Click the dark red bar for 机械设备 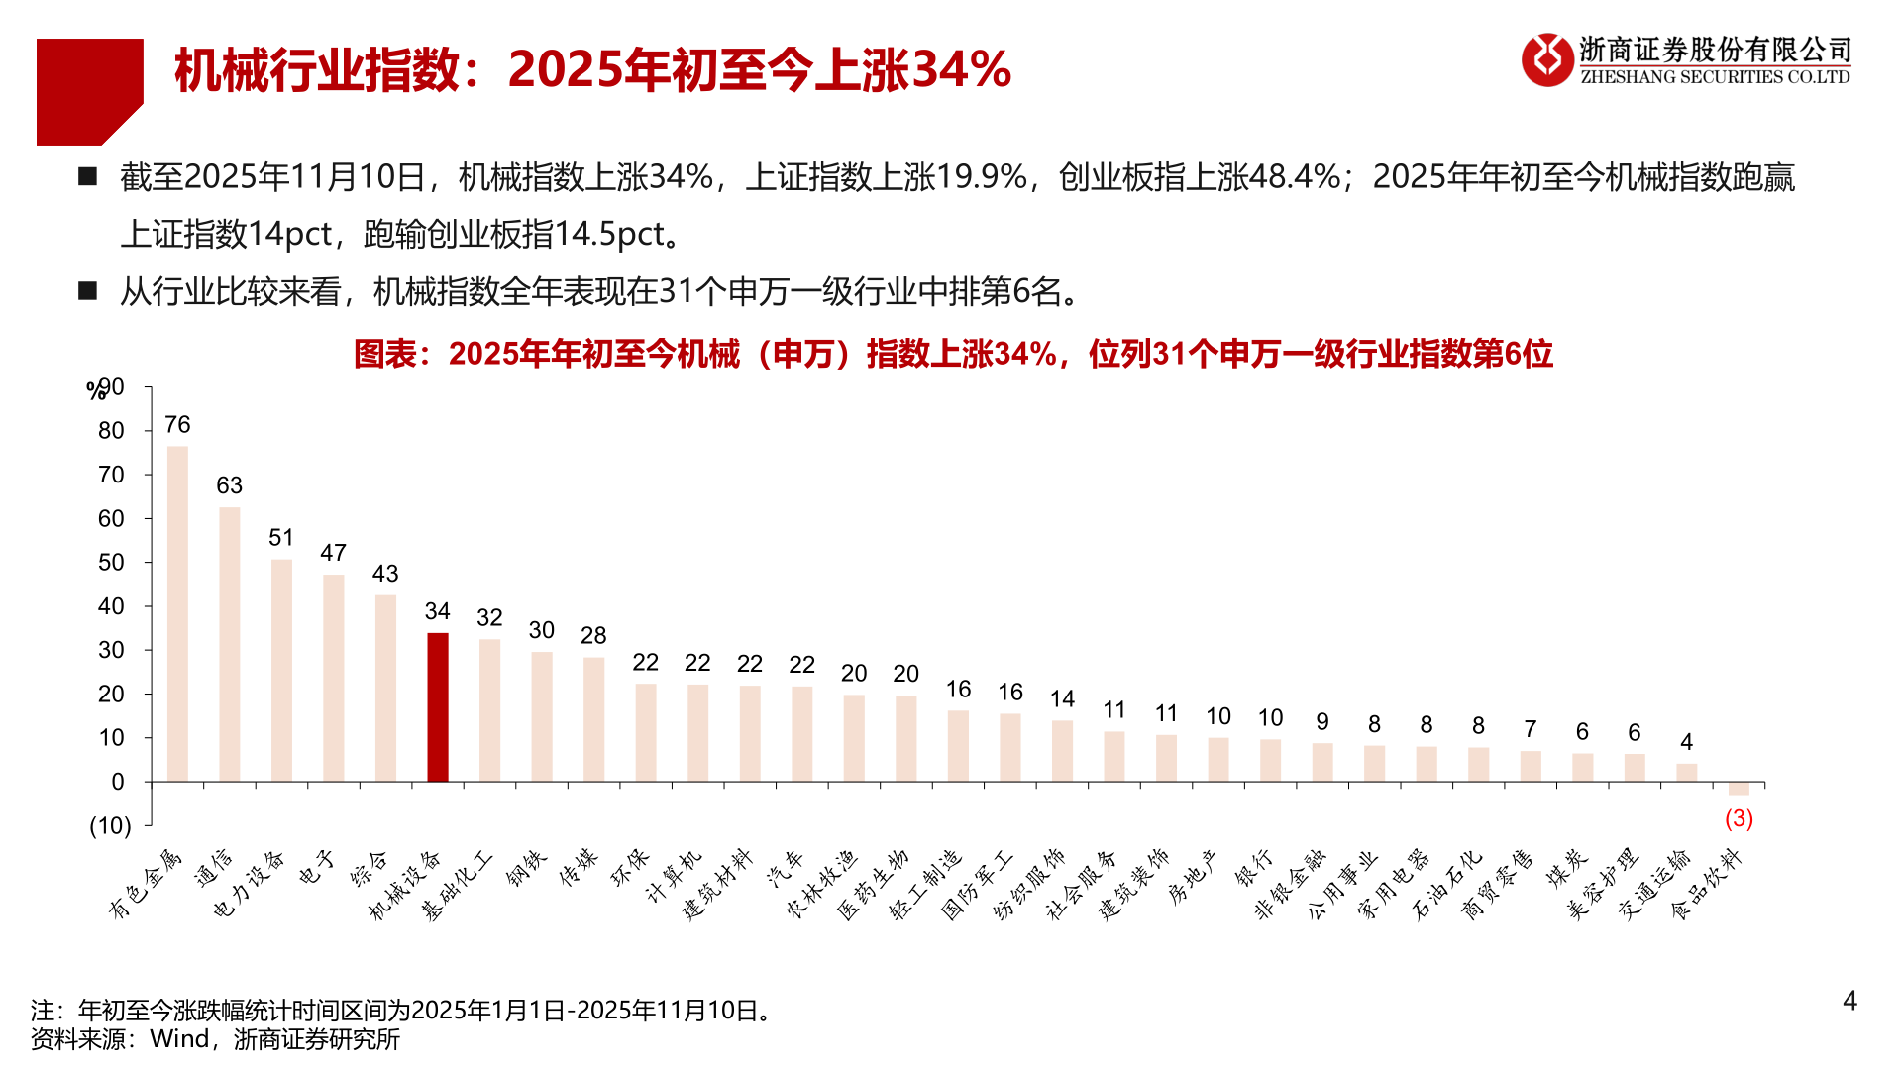(x=437, y=707)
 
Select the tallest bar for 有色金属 (x=177, y=614)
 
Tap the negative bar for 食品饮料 (x=1739, y=789)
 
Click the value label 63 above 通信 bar (x=229, y=485)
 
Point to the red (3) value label (x=1739, y=818)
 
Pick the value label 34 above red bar (x=437, y=611)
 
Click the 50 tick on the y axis (x=111, y=563)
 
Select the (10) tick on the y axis (x=110, y=826)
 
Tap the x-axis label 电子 (x=318, y=868)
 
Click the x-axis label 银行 (x=1253, y=868)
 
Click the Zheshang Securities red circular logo (x=1546, y=59)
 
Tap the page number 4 (x=1849, y=1001)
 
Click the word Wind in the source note (x=179, y=1039)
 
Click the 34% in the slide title (x=959, y=69)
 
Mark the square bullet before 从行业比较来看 (x=88, y=291)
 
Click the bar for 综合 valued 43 (x=385, y=688)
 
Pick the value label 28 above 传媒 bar (x=593, y=635)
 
